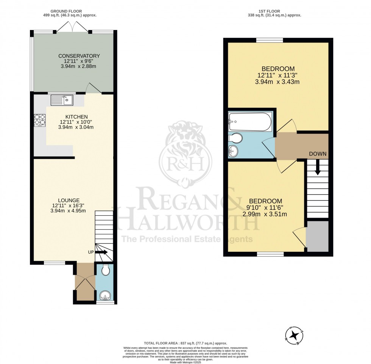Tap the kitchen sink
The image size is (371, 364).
pyautogui.click(x=62, y=100)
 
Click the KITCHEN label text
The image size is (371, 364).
pyautogui.click(x=73, y=116)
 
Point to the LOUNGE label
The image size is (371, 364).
pyautogui.click(x=68, y=200)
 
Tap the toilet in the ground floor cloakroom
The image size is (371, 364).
pyautogui.click(x=105, y=270)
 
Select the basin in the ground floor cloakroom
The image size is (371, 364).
pyautogui.click(x=104, y=294)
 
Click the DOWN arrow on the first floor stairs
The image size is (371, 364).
pyautogui.click(x=318, y=167)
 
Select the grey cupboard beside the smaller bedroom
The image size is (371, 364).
pyautogui.click(x=317, y=236)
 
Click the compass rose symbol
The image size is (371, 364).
pyautogui.click(x=293, y=335)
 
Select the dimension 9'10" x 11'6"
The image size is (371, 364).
pyautogui.click(x=265, y=207)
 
